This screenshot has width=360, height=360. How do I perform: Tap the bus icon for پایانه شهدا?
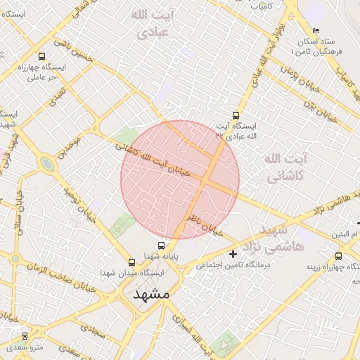click(162, 246)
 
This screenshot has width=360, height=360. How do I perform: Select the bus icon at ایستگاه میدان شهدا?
click(132, 262)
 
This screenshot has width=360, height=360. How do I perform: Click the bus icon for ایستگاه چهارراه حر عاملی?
click(41, 57)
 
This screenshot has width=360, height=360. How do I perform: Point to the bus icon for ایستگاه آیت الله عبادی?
click(236, 116)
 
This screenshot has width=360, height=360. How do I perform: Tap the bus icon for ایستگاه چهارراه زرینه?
click(339, 257)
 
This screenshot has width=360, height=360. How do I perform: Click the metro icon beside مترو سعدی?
click(26, 337)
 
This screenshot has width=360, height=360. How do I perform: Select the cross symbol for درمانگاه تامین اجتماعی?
click(233, 253)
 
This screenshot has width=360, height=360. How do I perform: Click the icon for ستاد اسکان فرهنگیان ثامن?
click(316, 31)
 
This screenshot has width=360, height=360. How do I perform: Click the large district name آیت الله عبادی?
click(153, 23)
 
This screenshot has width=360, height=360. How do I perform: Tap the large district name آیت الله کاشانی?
click(285, 169)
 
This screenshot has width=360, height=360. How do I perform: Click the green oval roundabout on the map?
click(47, 165)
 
